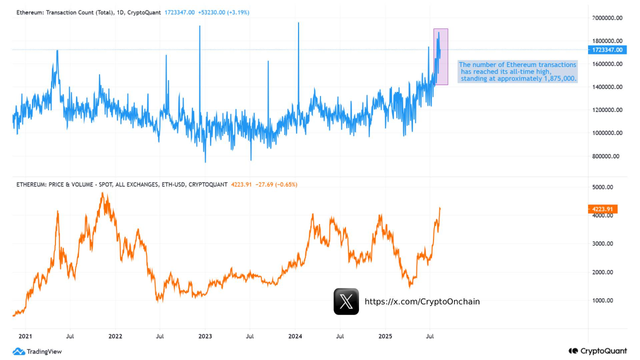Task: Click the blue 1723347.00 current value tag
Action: tap(606, 49)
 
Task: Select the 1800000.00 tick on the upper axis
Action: tap(606, 41)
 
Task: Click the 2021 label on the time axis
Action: tap(25, 336)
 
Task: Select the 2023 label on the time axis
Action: tap(205, 336)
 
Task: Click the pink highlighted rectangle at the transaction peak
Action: tap(440, 56)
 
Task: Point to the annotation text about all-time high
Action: tap(517, 71)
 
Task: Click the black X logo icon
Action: tap(346, 301)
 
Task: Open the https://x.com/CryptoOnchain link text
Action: tap(422, 301)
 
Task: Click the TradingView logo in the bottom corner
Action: tap(37, 351)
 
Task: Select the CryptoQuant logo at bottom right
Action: tap(597, 351)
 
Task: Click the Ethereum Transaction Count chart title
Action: tap(88, 12)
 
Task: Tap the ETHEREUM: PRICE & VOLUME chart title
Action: tap(121, 184)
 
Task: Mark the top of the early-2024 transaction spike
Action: tap(298, 23)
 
